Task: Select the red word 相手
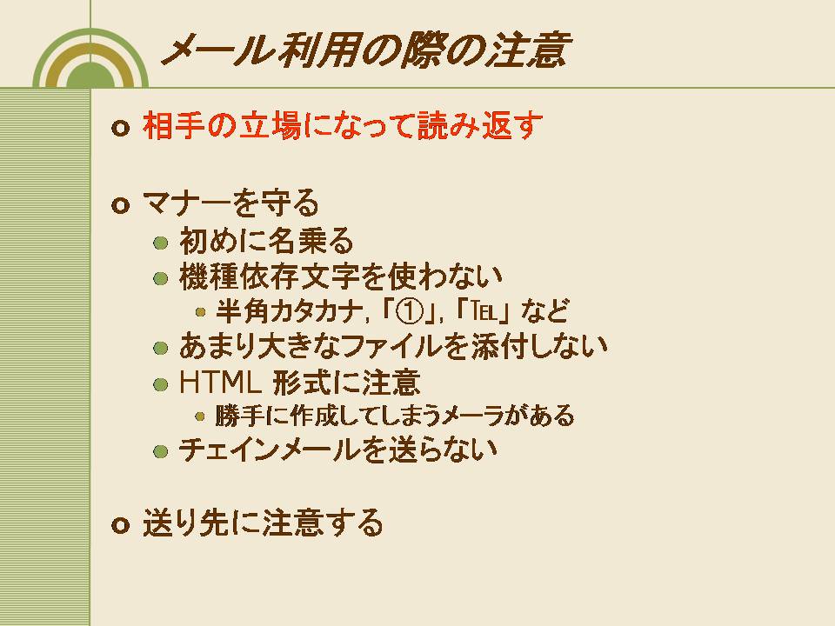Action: point(174,126)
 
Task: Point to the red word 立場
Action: point(270,126)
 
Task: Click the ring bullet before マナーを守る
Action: point(121,205)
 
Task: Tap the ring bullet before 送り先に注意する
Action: point(121,525)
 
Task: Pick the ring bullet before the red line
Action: point(121,129)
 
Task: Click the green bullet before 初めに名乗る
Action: point(160,243)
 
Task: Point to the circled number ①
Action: point(410,311)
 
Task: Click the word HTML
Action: point(220,383)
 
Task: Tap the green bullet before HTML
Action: point(160,384)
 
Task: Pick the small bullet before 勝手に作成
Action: point(200,416)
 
